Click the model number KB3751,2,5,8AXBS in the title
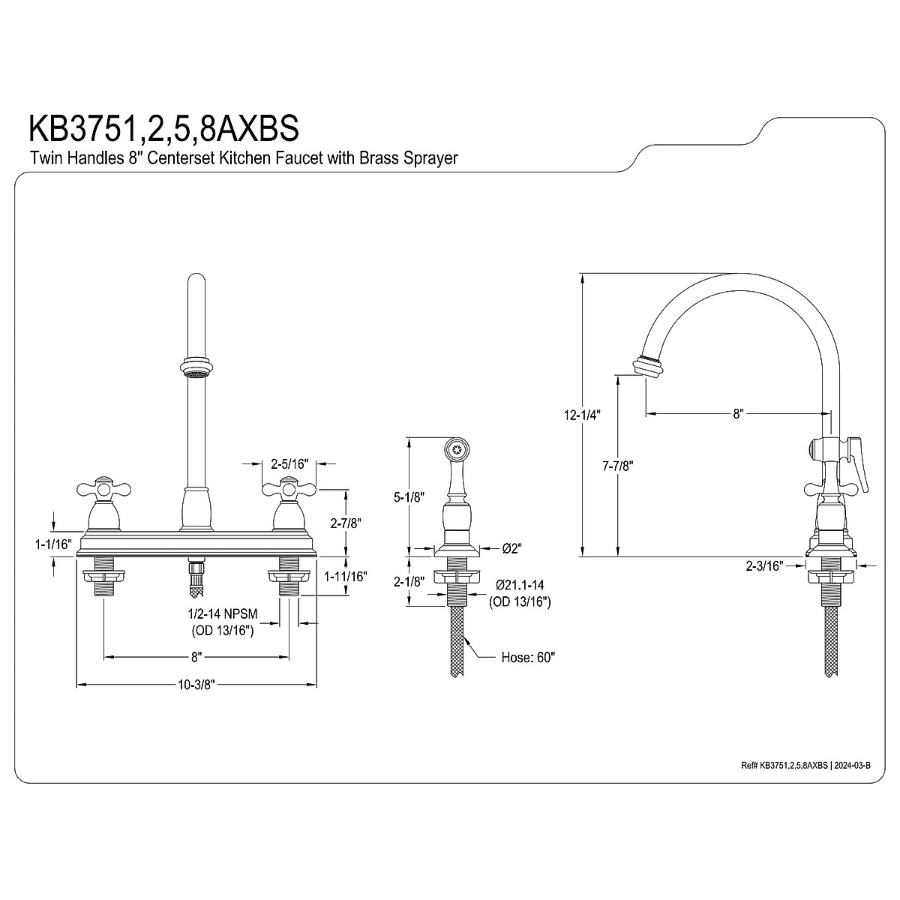(x=163, y=127)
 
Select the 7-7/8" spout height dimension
(x=618, y=466)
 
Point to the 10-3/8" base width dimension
(x=196, y=685)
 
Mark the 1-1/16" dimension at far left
(x=52, y=544)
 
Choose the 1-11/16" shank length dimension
(x=345, y=576)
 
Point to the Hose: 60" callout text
(x=527, y=658)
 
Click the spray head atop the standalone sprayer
(x=455, y=451)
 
